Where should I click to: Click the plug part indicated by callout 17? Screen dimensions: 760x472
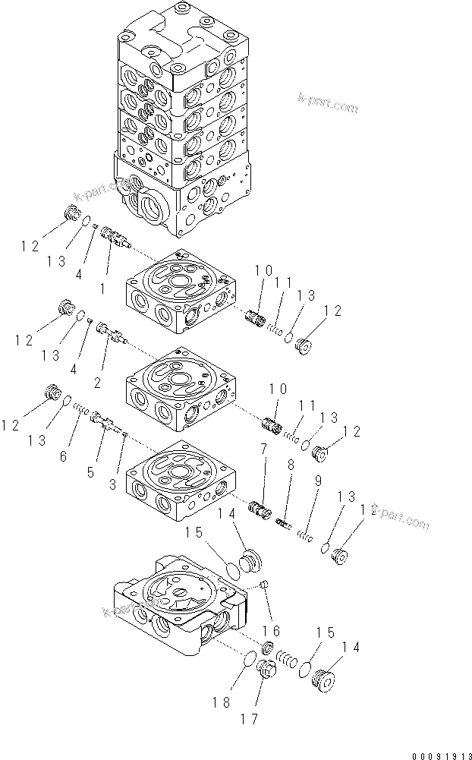(x=266, y=670)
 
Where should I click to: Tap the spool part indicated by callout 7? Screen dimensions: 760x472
(x=261, y=506)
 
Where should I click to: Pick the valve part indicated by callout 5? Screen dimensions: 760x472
(x=105, y=420)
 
